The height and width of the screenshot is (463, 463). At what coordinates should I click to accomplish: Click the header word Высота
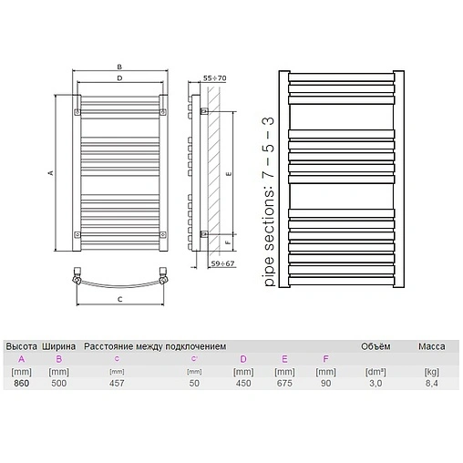tap(21, 346)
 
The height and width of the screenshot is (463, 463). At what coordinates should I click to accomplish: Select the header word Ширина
tap(59, 346)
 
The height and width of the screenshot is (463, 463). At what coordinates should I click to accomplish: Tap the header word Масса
tap(431, 346)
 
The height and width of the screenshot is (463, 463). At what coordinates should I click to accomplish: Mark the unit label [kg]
tap(431, 371)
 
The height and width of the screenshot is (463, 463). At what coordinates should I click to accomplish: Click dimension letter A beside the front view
tap(51, 173)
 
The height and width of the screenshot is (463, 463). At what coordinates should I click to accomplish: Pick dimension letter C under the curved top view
tap(119, 298)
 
